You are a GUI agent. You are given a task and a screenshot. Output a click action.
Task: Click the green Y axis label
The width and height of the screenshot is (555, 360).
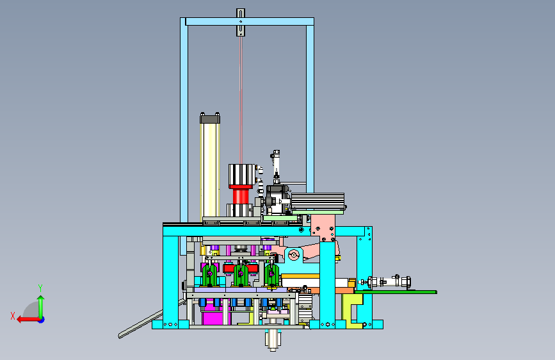(40, 288)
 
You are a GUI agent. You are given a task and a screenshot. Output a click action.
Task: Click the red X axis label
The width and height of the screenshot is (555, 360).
(13, 316)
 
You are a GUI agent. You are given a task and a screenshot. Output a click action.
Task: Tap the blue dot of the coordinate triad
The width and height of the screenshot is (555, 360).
(42, 320)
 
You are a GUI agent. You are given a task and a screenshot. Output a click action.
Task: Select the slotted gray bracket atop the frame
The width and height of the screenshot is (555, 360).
(241, 22)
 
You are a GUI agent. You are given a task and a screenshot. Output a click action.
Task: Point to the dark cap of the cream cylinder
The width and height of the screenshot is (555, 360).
(210, 119)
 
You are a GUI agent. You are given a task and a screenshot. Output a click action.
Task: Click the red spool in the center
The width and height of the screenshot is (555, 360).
(241, 196)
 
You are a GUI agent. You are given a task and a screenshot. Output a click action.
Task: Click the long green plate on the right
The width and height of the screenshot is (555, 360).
(396, 292)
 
